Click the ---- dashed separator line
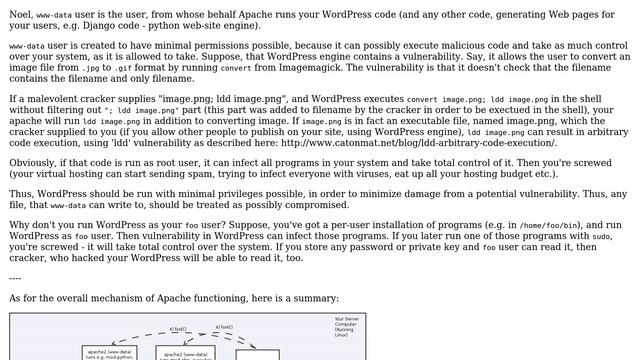tap(15, 280)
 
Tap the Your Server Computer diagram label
tap(346, 325)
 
